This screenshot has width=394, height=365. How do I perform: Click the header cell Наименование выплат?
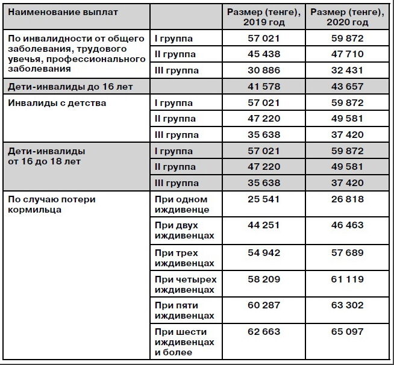(x=63, y=12)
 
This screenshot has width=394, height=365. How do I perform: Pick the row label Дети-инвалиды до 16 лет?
(x=70, y=87)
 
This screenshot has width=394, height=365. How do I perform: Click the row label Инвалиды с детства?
(x=57, y=103)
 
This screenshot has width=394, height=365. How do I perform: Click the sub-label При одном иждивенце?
(x=181, y=205)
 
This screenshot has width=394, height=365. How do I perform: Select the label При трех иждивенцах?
(x=184, y=258)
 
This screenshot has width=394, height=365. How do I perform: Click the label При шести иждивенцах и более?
(x=184, y=342)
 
